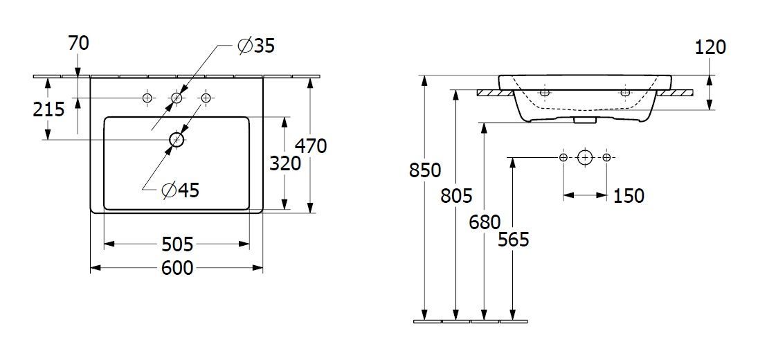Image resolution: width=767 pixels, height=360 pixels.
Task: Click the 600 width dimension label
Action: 177,268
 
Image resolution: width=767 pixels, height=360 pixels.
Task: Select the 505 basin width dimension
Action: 177,244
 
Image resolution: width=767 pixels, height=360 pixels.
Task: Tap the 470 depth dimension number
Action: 311,146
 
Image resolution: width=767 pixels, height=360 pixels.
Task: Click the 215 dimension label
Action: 48,109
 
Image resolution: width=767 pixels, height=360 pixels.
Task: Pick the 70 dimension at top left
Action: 79,44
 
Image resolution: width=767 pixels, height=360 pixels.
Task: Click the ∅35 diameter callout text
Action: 256,46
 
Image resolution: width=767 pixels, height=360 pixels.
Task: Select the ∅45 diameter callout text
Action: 181,190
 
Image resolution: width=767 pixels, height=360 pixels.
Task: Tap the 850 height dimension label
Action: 425,170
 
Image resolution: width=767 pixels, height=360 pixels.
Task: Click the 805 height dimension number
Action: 455,197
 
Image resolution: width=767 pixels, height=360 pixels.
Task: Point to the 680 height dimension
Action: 485,223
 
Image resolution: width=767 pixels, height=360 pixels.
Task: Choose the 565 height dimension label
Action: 514,240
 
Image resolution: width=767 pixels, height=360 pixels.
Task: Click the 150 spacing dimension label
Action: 629,196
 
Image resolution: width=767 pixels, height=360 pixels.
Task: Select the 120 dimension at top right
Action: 710,47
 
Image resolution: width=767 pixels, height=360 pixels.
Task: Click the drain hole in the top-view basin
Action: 177,140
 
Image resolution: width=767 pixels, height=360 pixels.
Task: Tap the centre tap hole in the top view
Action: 177,98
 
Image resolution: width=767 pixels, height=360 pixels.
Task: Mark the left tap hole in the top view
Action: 147,98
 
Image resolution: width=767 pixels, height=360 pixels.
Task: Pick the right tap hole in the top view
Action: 206,98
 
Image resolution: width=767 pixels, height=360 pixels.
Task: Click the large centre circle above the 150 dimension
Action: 585,158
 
